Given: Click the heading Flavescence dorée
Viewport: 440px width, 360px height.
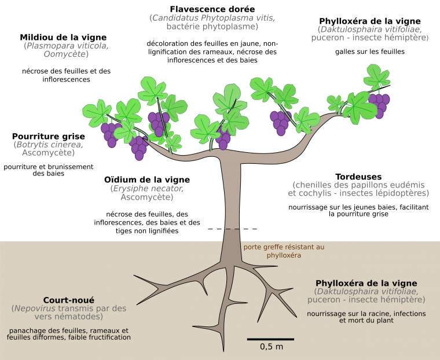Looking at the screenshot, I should (212, 9).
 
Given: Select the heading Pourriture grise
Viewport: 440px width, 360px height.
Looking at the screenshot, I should (48, 136).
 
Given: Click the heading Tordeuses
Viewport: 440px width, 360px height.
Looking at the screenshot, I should (358, 176).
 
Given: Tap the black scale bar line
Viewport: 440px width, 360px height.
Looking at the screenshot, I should (271, 338).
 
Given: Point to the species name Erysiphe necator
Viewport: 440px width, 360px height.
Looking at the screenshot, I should (148, 188).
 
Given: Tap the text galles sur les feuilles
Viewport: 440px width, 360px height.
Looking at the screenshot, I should (369, 52).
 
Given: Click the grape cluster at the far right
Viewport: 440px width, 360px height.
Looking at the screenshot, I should (379, 104).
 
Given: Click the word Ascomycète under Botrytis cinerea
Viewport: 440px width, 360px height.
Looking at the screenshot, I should (48, 153).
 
